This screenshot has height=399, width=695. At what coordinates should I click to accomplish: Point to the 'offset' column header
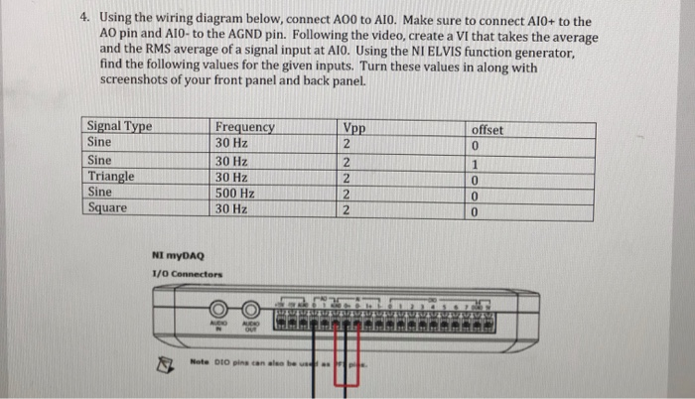(x=487, y=130)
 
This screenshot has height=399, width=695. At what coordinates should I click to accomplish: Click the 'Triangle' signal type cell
(x=111, y=176)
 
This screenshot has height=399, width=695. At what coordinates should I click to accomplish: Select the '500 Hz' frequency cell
(x=235, y=192)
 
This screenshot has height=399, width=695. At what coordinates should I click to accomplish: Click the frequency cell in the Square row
(x=231, y=207)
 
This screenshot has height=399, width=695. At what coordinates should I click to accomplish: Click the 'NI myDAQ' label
(x=173, y=254)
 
